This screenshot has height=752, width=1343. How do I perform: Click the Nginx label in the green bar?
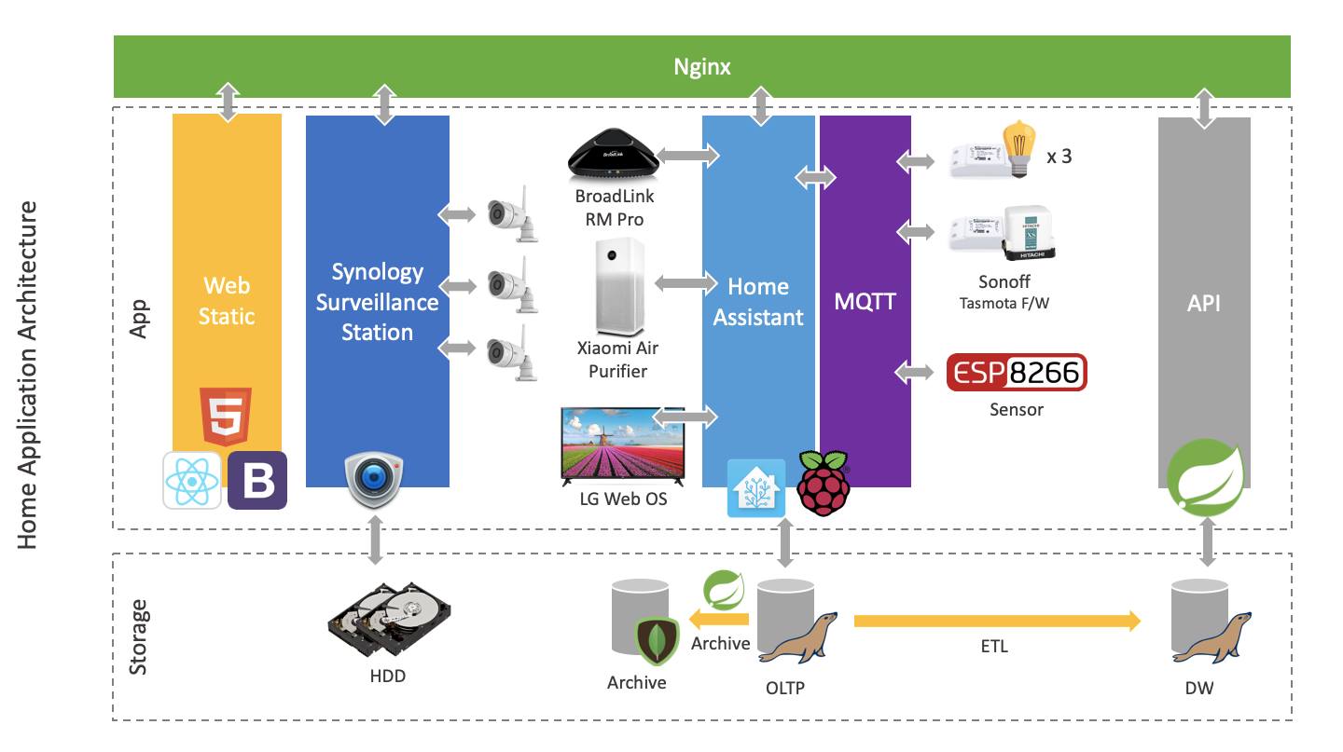[x=702, y=66]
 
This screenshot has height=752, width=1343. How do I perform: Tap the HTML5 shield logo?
[x=226, y=416]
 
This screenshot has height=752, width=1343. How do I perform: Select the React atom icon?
[x=192, y=480]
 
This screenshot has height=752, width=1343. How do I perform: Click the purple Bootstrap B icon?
[x=257, y=480]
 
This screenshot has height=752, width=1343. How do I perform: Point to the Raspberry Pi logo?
[x=822, y=483]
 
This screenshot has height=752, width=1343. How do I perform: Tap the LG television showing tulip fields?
[x=622, y=445]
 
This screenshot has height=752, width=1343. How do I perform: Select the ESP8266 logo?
[x=1017, y=373]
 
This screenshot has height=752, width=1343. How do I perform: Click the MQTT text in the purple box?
[x=865, y=301]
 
